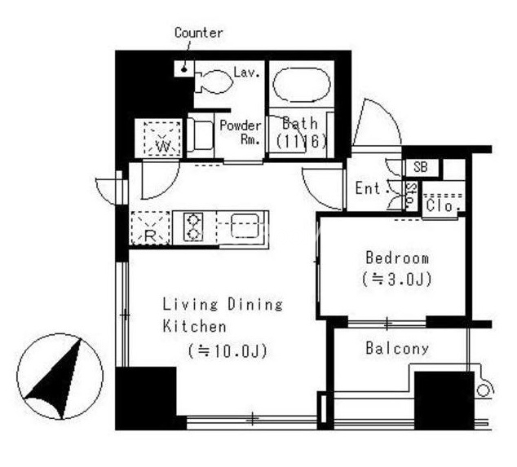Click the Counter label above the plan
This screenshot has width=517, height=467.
tap(198, 33)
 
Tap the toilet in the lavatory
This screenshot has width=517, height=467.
tap(214, 81)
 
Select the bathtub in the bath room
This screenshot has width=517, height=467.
tap(302, 85)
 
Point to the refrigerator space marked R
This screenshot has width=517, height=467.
tap(151, 228)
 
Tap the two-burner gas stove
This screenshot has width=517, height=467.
tap(193, 227)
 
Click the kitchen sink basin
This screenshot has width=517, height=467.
tap(245, 226)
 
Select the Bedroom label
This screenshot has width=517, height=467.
tap(397, 258)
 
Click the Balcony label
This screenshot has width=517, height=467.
tap(397, 348)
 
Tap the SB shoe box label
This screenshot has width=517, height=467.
tap(421, 167)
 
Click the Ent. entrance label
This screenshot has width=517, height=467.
tap(369, 188)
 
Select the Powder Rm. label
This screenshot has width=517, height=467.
tap(241, 132)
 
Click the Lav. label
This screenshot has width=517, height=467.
tap(247, 73)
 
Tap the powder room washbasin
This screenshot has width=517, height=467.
tap(201, 136)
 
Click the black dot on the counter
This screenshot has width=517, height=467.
tap(184, 69)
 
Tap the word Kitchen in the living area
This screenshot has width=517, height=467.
tap(195, 326)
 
